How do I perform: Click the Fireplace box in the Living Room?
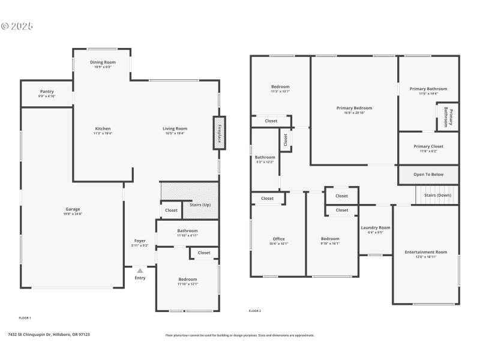pos(218,132)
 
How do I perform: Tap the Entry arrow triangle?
pos(140,271)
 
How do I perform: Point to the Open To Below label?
pos(428,175)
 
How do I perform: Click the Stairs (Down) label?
pos(437,195)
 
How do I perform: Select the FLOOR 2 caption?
pos(255,311)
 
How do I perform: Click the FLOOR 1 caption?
pos(25,317)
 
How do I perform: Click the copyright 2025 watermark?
pos(17,26)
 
